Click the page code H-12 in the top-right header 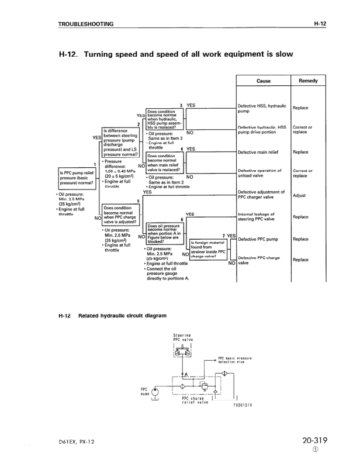319,24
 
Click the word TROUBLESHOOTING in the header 86,24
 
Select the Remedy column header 307,81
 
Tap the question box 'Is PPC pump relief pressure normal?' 77,177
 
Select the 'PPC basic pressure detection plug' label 235,361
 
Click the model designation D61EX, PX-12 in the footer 78,444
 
